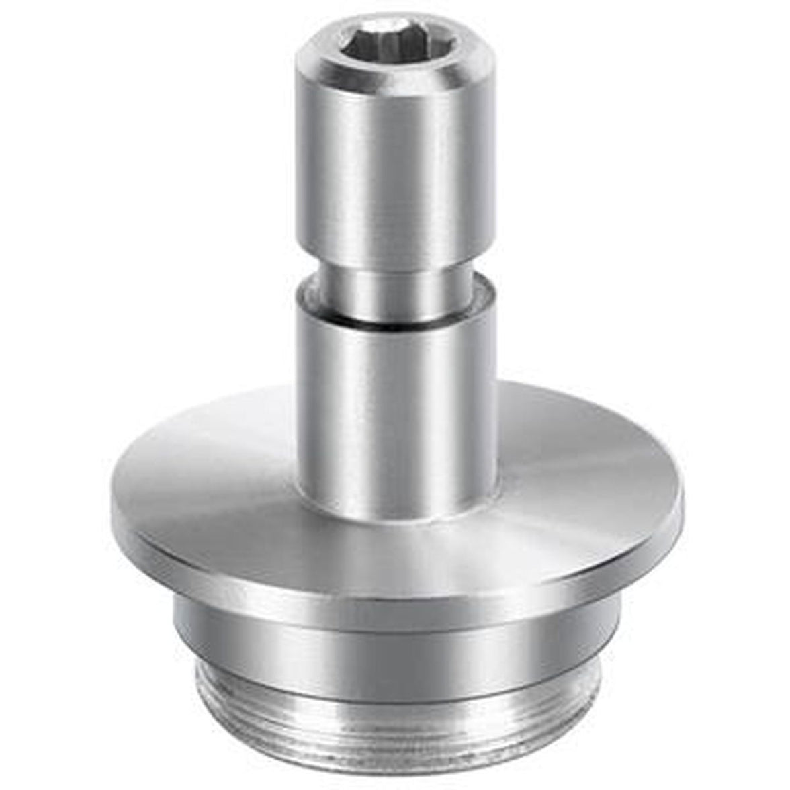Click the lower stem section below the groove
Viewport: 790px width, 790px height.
[396, 403]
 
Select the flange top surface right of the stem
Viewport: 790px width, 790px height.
[578, 464]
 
